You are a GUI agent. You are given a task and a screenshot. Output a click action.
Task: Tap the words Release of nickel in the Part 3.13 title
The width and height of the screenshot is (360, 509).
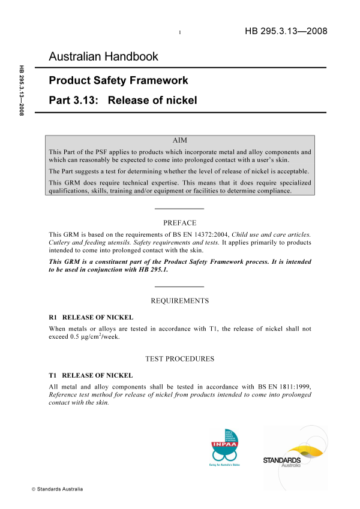[x=152, y=100]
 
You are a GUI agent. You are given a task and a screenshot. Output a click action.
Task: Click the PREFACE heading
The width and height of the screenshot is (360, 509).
[x=179, y=222]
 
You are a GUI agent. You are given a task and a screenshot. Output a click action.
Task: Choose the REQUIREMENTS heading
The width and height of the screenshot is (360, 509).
[x=179, y=300]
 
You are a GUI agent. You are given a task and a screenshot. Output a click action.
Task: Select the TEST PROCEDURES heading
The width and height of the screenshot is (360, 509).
[x=179, y=359]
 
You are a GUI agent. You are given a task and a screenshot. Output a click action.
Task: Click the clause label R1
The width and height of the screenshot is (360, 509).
[x=52, y=317]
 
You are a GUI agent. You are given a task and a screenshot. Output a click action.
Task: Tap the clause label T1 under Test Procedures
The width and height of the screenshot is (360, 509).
[x=52, y=375]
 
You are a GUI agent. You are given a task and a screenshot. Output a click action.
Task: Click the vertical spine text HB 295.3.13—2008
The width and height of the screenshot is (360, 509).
[x=22, y=90]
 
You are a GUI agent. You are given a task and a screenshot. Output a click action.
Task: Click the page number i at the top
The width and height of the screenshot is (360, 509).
[x=180, y=32]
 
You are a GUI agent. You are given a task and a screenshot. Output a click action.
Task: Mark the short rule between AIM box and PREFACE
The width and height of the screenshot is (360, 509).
[x=179, y=208]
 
